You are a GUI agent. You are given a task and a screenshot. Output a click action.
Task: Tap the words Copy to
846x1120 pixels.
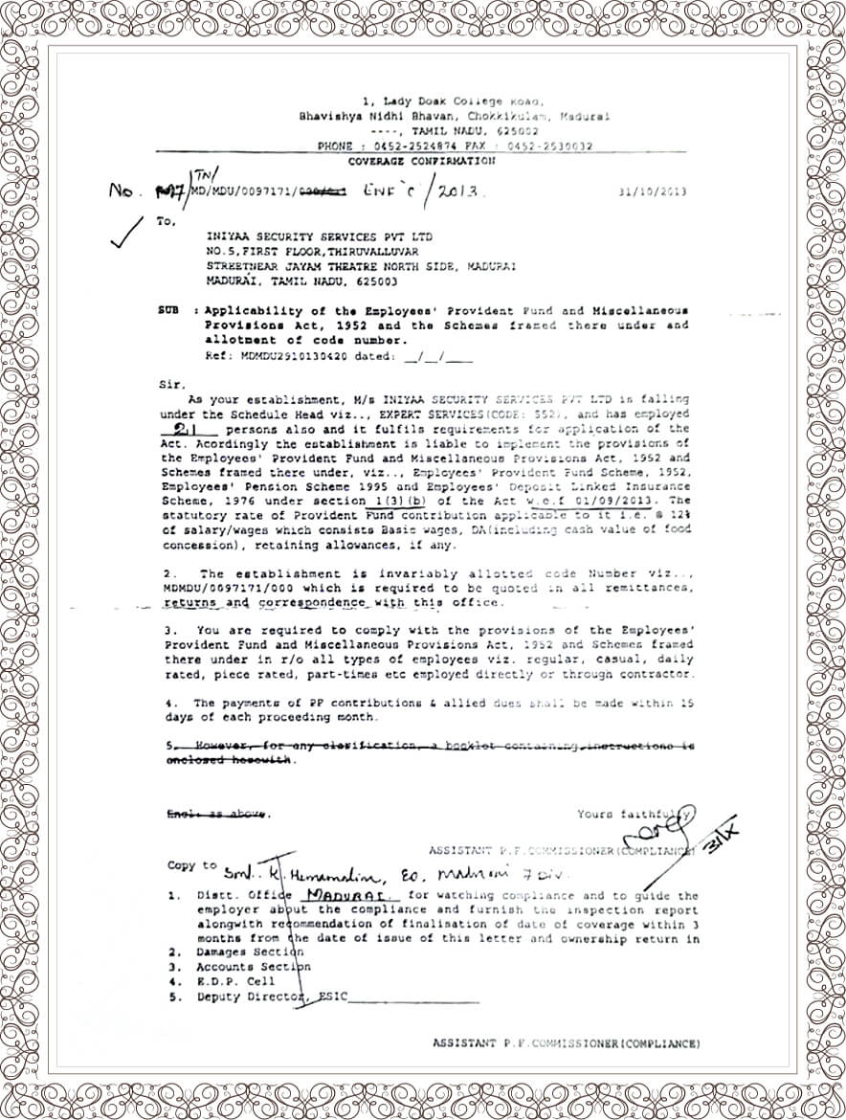pos(192,865)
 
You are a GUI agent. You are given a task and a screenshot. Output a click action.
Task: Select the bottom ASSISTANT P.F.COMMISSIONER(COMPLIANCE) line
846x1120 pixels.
pos(566,1042)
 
